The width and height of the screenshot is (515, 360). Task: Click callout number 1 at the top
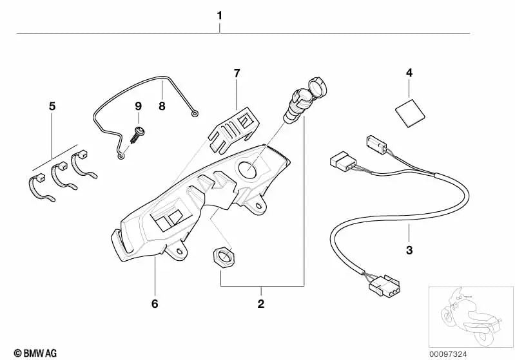pos(220,15)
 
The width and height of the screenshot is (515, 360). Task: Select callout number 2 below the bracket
pos(260,303)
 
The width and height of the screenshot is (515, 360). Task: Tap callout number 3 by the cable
pos(409,249)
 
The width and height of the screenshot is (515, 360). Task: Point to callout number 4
pos(409,73)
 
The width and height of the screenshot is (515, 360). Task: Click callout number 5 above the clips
pos(52,105)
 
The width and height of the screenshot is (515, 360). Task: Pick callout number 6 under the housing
pos(155,303)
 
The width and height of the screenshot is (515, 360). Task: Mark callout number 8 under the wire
pos(162,106)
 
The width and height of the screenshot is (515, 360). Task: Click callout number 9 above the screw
pos(137,106)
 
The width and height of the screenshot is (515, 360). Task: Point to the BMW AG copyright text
pos(30,352)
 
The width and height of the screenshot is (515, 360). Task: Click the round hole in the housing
pos(248,170)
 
